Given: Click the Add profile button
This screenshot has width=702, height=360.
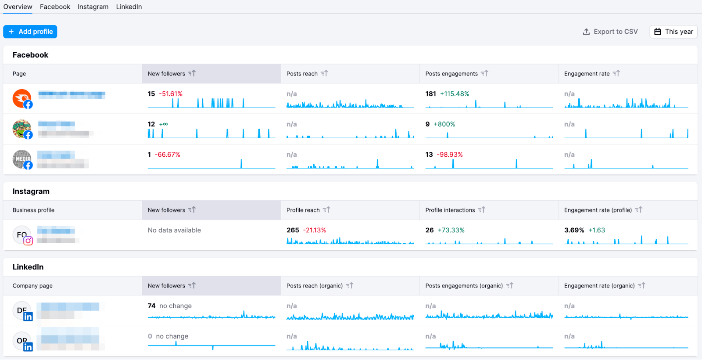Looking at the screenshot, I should coord(30,32).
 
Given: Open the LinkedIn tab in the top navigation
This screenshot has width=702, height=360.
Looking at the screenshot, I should coord(129,7).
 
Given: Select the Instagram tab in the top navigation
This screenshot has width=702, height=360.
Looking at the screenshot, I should coord(93,7).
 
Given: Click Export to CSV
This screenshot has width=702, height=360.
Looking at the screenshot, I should coord(610,32).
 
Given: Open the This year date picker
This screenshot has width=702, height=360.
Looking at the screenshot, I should coord(673,32).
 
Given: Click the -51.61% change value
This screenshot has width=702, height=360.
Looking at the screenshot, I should coord(171,94).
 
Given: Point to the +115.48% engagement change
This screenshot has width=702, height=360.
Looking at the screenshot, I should coord(455,94).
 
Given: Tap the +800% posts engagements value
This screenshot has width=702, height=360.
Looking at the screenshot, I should coord(444,124).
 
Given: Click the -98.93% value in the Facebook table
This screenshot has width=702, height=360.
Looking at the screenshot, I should coord(450,155).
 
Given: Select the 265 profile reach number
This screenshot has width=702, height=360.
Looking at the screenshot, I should coord(293,230).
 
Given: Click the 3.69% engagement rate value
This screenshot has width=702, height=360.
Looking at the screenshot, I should coord(574,230).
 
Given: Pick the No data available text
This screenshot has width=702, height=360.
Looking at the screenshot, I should coord(174,230).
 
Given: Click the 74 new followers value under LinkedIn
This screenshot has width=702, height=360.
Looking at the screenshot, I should coord(151,306).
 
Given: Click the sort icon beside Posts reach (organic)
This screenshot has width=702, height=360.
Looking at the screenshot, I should coord(350,285).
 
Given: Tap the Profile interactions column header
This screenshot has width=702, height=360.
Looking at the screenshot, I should coord(450,210).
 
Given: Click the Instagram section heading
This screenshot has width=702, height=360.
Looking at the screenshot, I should coord(31,191).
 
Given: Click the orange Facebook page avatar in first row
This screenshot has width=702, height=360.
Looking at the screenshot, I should coord(21,98).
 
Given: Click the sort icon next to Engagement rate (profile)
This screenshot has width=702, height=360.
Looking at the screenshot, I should coord(639,210).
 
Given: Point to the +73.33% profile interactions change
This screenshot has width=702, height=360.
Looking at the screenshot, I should coord(451,230).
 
